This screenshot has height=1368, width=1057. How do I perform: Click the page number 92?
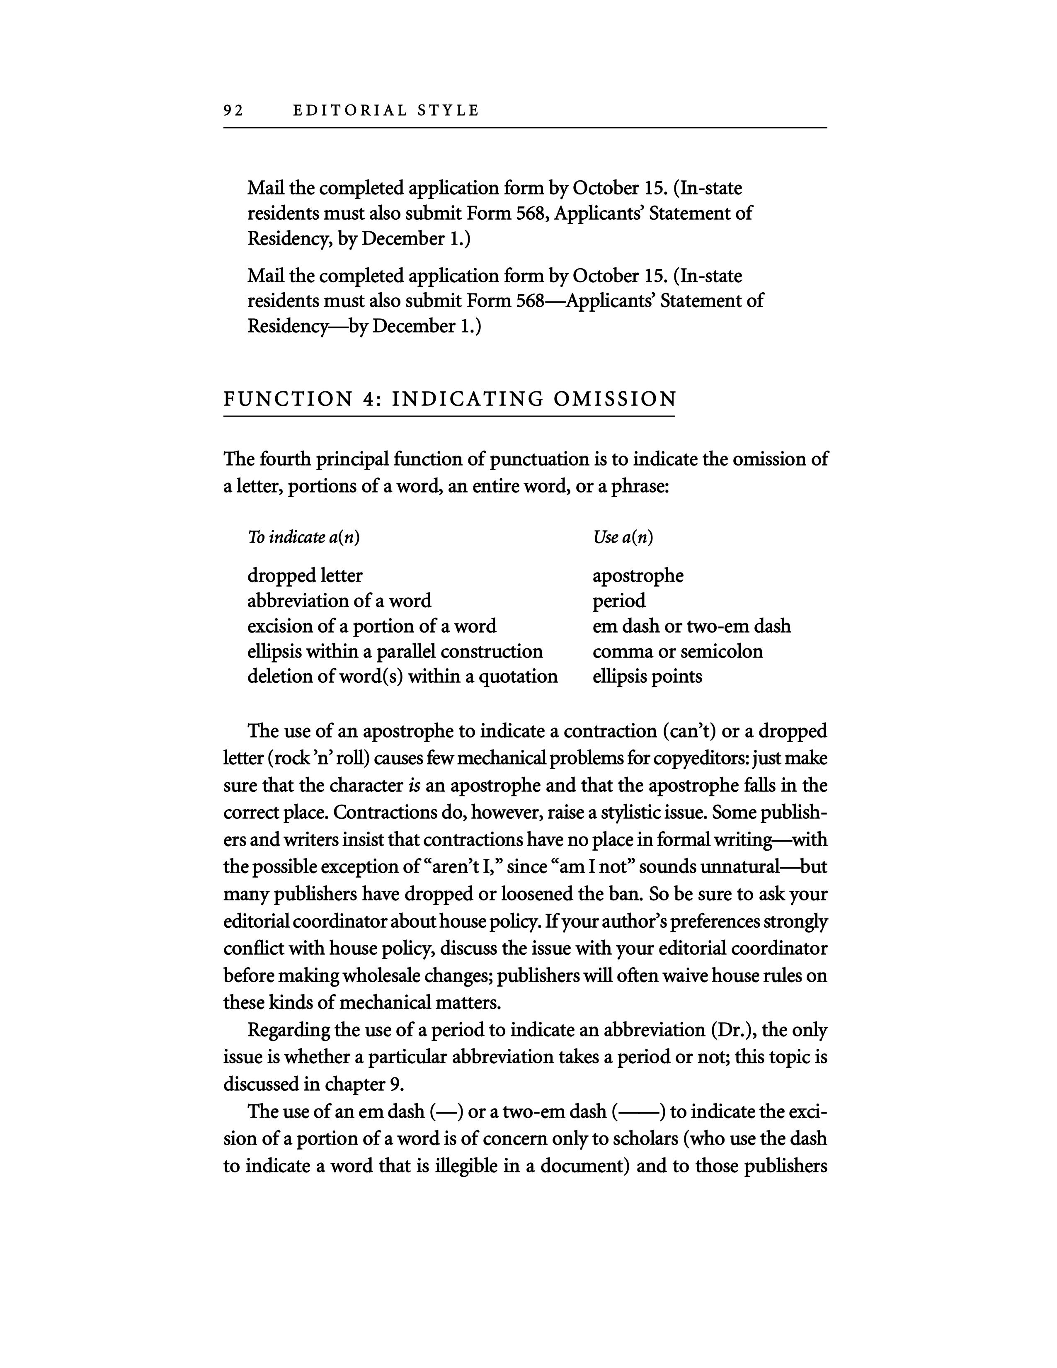tap(233, 111)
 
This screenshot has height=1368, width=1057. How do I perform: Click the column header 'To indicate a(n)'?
tap(304, 537)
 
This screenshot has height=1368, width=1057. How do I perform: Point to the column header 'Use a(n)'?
tap(623, 537)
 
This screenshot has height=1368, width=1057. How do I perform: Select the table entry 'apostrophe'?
tap(638, 576)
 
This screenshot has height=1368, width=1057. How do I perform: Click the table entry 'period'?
tap(619, 601)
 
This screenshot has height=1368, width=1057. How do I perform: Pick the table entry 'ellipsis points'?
tap(647, 677)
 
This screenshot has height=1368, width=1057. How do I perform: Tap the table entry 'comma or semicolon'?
tap(678, 651)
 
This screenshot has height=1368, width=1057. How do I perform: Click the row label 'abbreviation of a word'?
tap(339, 601)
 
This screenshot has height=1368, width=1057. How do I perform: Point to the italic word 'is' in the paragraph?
tap(413, 786)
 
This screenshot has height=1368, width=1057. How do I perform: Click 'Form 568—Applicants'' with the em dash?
tap(555, 301)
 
